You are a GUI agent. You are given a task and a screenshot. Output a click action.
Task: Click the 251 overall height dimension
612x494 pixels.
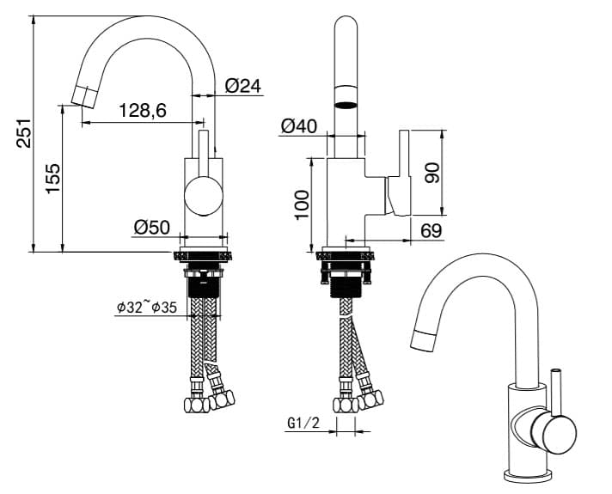(x=24, y=133)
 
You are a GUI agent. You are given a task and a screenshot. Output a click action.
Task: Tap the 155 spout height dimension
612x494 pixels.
(x=53, y=179)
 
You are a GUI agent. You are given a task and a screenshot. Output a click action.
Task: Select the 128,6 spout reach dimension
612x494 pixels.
(x=143, y=111)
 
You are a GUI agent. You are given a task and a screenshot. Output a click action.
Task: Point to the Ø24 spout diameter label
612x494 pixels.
(x=242, y=86)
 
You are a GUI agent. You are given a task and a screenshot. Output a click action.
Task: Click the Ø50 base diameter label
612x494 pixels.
(x=152, y=228)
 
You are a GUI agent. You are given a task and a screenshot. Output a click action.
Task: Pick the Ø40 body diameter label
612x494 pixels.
(x=299, y=126)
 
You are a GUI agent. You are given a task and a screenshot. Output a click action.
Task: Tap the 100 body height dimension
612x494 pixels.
(x=303, y=205)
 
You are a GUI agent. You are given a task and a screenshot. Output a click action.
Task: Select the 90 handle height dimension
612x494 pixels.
(x=432, y=173)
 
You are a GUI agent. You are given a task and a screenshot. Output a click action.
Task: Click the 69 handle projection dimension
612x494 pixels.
(x=431, y=231)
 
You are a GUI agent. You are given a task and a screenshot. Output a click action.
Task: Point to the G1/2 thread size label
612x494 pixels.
(x=303, y=423)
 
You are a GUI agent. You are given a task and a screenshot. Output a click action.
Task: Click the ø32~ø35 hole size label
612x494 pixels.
(x=147, y=307)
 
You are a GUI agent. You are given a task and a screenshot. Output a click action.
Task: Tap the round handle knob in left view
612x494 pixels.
(x=204, y=196)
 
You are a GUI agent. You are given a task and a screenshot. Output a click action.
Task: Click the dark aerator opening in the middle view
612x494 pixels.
(x=346, y=105)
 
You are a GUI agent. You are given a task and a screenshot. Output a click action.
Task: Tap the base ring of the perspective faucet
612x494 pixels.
(x=527, y=476)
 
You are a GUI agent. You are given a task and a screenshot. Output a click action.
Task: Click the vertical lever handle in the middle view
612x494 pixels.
(x=404, y=173)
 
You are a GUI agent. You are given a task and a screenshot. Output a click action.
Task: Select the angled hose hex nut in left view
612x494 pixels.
(x=222, y=399)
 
